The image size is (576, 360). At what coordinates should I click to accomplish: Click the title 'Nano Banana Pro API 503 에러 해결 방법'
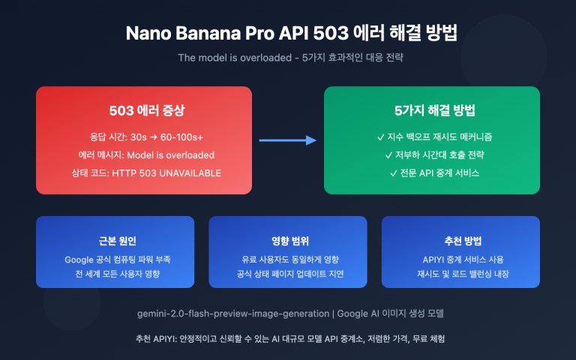tap(288, 34)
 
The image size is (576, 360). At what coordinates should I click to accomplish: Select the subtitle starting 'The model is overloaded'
tap(288, 58)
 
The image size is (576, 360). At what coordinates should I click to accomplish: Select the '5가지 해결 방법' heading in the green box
tap(431, 111)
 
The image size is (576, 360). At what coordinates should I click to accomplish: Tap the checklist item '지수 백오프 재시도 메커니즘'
tap(431, 137)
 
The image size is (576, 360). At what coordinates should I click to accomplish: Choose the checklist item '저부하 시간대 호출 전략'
tap(431, 155)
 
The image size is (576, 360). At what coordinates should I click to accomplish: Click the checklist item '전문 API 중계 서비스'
tap(431, 174)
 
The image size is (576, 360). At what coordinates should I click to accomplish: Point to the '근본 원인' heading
tap(115, 241)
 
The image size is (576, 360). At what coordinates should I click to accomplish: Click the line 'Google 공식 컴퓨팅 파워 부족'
tap(115, 259)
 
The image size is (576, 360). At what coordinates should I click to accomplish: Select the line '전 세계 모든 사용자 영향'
tap(115, 274)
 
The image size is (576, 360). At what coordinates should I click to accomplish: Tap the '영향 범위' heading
tap(288, 241)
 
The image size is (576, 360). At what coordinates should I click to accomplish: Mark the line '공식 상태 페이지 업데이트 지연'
tap(288, 274)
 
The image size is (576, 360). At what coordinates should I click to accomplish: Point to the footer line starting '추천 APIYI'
tap(288, 339)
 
